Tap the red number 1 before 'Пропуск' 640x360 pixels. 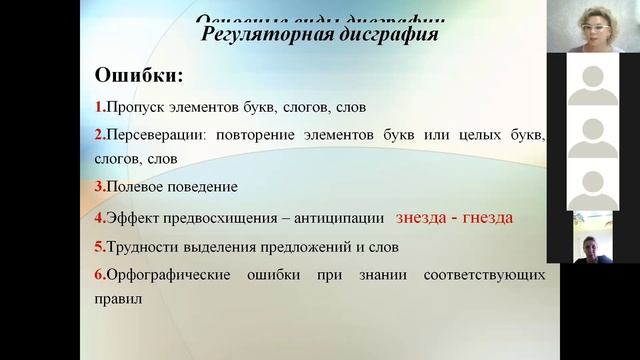(x=98, y=106)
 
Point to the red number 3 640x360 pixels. (x=98, y=187)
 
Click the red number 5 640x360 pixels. (x=98, y=246)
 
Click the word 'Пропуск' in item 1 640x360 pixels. (x=133, y=106)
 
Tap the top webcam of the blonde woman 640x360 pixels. (x=593, y=26)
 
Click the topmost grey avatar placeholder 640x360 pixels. (x=593, y=79)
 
